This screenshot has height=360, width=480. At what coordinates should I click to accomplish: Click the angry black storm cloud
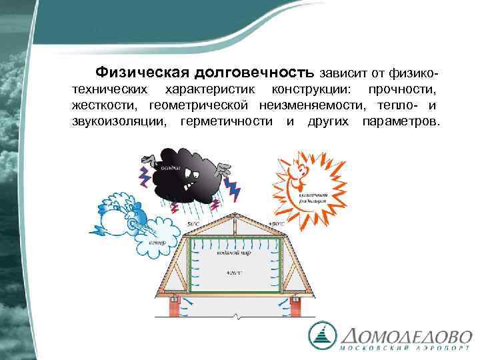coord(189,175)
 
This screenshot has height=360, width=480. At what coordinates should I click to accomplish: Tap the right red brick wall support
coord(295,307)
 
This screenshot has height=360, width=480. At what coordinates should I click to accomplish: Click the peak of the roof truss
coord(233,215)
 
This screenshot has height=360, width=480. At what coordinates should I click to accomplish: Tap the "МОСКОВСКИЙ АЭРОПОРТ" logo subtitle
coord(406,349)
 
